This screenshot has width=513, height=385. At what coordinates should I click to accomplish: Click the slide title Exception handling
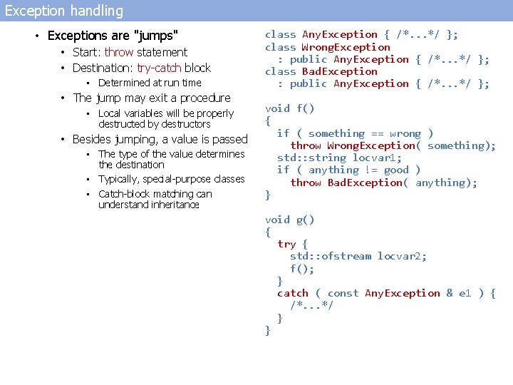click(x=64, y=11)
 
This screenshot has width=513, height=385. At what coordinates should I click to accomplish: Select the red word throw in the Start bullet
click(x=118, y=52)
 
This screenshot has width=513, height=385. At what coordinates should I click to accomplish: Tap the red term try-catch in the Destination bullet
click(x=159, y=68)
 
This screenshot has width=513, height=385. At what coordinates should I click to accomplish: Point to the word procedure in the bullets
click(x=205, y=98)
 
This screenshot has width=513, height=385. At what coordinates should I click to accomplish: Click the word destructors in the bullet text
click(x=187, y=124)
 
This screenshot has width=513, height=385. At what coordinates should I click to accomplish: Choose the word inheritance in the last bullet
click(x=148, y=205)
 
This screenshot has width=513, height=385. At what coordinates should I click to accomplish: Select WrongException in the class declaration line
click(x=346, y=47)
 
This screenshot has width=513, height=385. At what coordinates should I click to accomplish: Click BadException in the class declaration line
click(x=340, y=71)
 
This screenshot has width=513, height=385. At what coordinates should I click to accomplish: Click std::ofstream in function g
click(x=331, y=256)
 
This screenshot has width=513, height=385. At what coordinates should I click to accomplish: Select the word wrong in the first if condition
click(x=405, y=133)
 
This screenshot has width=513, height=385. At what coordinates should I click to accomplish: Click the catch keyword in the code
click(x=293, y=293)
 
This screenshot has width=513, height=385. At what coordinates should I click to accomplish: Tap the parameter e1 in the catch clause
click(x=465, y=293)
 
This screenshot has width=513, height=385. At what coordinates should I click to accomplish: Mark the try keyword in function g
click(x=286, y=244)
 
